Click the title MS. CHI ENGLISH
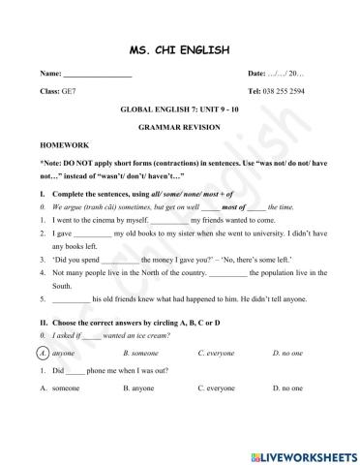(x=179, y=49)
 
